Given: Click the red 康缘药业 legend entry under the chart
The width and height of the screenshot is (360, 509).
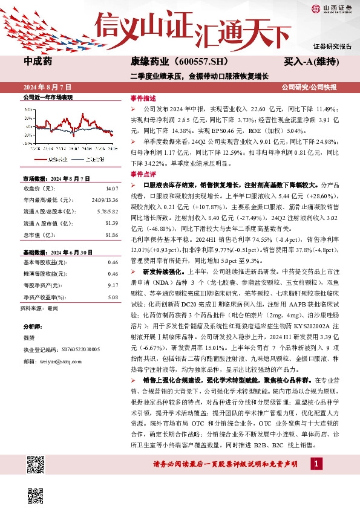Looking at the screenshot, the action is point(55,159).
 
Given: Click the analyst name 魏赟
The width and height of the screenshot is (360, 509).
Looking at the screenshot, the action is point(28,339).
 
